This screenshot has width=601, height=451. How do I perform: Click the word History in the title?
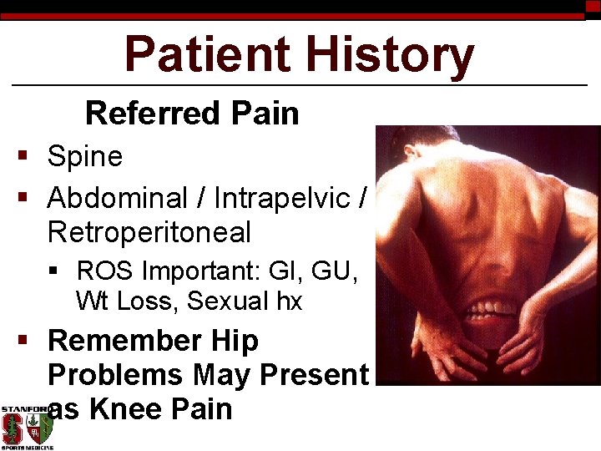point(391,54)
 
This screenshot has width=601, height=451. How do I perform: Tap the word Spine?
point(85,156)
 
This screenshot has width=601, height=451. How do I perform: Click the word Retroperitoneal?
point(149,233)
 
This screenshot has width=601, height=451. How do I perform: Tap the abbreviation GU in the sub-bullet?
point(337,271)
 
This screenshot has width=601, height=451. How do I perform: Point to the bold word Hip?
point(235,341)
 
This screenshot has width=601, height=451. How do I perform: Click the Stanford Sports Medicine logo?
point(27,428)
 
